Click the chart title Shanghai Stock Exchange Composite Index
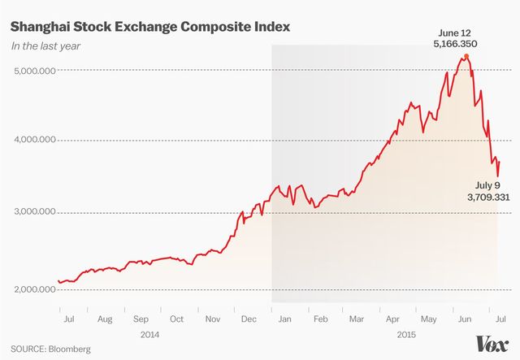click(x=149, y=28)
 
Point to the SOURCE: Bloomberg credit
click(x=51, y=349)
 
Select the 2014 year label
click(x=149, y=333)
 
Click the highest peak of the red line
click(x=466, y=55)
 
